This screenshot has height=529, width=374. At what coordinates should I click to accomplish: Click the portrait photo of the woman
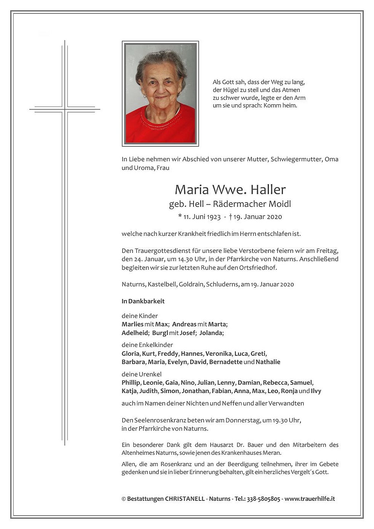[160, 94]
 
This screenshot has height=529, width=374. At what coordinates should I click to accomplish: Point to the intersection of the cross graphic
[65, 109]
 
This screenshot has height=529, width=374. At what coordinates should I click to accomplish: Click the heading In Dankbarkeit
[143, 301]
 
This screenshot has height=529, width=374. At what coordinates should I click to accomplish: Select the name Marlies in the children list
[132, 324]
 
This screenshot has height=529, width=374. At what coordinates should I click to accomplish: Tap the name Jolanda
[211, 333]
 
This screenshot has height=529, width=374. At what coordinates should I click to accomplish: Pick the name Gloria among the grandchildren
[130, 353]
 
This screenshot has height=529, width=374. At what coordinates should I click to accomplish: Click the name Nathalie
[268, 362]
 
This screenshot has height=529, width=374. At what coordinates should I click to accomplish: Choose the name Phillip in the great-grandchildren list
[131, 382]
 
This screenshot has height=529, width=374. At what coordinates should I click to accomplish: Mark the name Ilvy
[316, 391]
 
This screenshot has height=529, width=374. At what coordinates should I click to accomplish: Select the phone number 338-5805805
[264, 499]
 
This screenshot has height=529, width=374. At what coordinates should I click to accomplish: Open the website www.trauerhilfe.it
[310, 499]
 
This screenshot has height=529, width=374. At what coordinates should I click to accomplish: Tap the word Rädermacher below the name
[235, 204]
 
